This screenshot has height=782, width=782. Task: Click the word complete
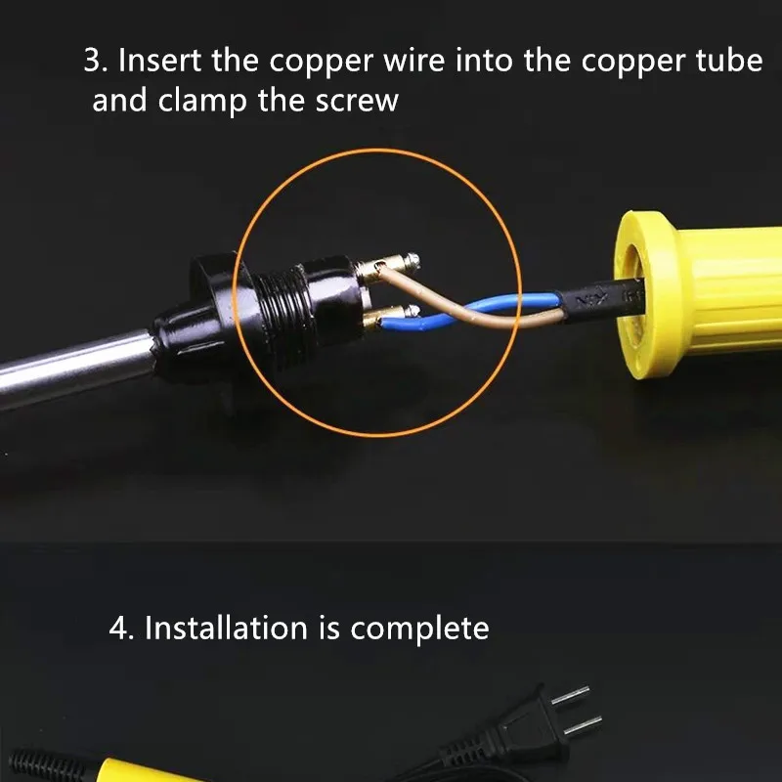419,628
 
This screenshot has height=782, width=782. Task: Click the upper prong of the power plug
572,696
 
